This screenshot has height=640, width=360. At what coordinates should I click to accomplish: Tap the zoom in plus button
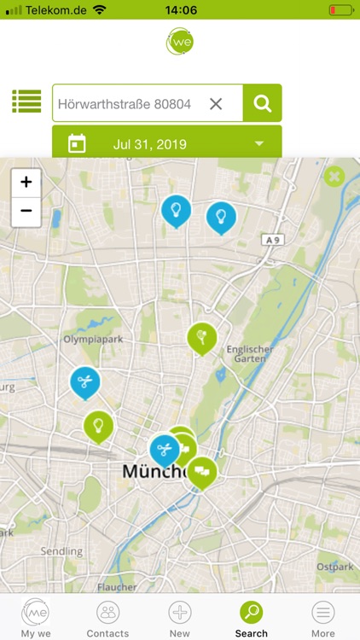click(26, 182)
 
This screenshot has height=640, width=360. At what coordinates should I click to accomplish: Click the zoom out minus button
click(26, 211)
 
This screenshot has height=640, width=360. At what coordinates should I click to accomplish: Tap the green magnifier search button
click(263, 103)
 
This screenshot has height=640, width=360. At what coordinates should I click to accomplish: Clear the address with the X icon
click(216, 103)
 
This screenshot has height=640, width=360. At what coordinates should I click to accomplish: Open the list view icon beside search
click(26, 102)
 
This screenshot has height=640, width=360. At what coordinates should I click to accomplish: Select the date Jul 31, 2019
click(149, 144)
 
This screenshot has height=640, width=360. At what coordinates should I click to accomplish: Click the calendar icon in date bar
click(77, 143)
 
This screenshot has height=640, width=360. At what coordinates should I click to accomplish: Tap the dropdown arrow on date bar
click(259, 143)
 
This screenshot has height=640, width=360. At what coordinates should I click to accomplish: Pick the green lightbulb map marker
click(98, 424)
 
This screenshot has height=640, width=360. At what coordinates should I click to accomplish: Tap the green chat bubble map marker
click(202, 470)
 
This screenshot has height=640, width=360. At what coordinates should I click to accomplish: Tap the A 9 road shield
click(273, 241)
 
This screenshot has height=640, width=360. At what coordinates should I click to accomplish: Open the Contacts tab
click(107, 618)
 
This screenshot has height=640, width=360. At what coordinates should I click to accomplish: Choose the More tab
click(323, 618)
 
